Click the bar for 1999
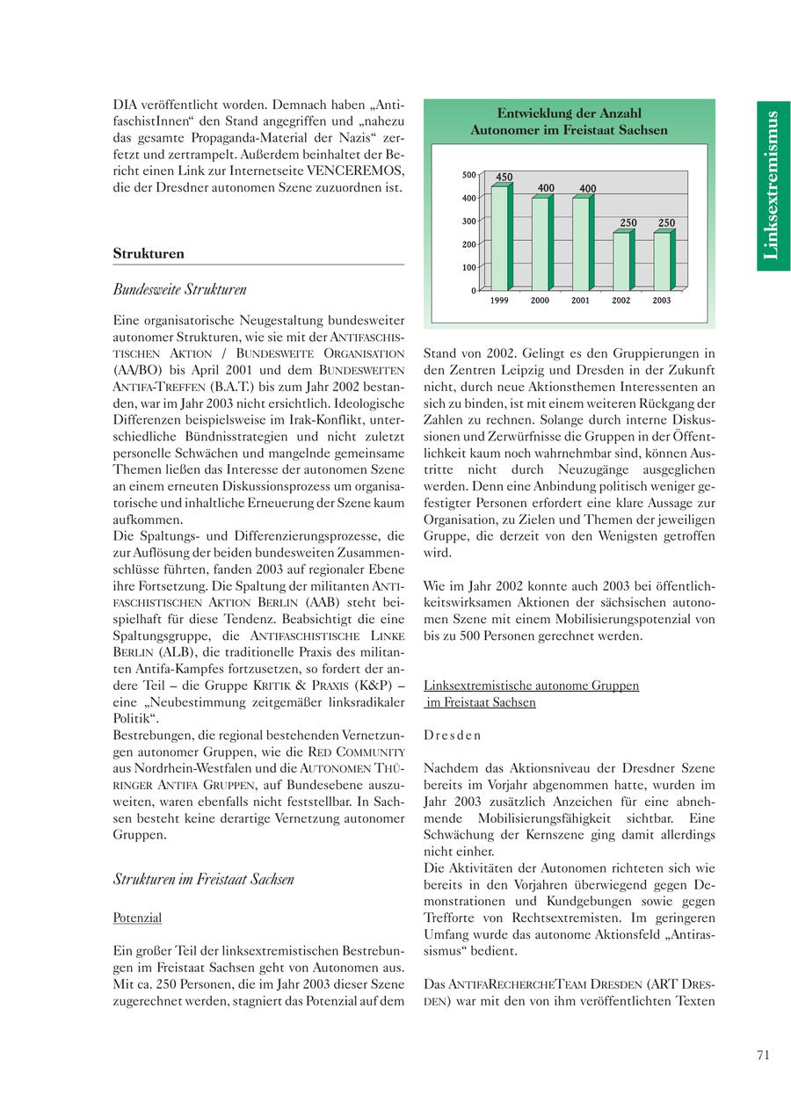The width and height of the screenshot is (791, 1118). click(500, 237)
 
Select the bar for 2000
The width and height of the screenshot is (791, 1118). click(541, 243)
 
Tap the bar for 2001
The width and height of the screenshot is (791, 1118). click(581, 243)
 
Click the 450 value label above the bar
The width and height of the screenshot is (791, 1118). click(504, 178)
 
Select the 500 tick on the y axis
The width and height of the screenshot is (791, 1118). click(469, 175)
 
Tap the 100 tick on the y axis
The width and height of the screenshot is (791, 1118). click(469, 267)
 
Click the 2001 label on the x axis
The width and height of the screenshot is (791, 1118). click(581, 301)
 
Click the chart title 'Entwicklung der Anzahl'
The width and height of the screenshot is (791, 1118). click(569, 113)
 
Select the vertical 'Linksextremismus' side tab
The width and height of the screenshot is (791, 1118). click(772, 185)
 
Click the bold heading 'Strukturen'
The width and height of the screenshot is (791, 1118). click(149, 254)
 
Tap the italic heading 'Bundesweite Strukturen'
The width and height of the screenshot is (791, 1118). click(179, 289)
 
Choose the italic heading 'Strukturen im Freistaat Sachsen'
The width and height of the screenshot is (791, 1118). click(203, 879)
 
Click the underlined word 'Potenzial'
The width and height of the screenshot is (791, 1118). click(137, 918)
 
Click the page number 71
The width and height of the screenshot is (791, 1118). click(762, 1055)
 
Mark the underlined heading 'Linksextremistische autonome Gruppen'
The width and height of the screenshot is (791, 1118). click(531, 686)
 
